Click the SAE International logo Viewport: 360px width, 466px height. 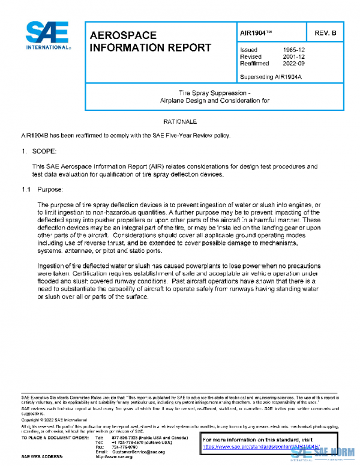(49, 36)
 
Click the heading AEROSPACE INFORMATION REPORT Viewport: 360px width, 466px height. (149, 41)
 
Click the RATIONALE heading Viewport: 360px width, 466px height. (181, 121)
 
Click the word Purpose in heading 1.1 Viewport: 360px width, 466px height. (50, 190)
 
